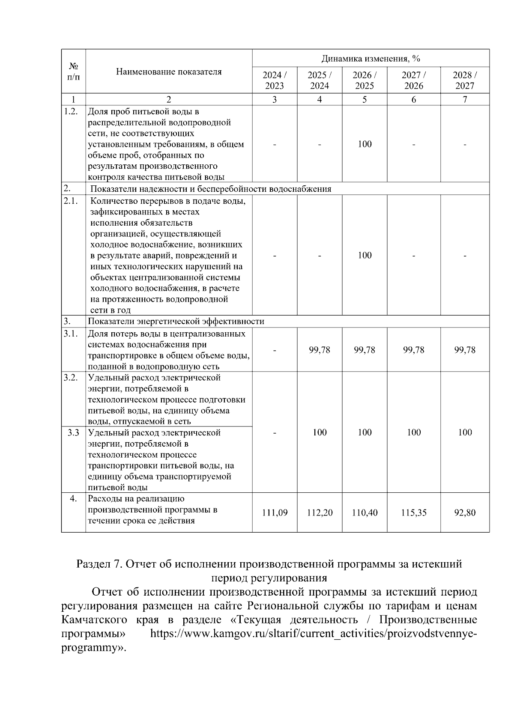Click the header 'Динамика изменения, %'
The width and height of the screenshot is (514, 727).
371,58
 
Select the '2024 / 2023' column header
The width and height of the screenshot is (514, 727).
274,80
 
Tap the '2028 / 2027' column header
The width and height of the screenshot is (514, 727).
465,80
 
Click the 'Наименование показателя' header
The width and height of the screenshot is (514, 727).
169,72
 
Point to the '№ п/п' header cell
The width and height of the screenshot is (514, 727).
73,72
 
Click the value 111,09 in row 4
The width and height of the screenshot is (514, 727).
275,512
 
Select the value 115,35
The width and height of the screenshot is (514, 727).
413,512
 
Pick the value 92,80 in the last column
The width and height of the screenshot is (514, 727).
465,512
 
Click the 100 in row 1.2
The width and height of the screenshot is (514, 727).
365,144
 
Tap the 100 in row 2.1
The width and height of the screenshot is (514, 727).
365,255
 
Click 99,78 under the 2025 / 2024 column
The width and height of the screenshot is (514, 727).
320,350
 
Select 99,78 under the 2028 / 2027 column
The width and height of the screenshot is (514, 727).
465,350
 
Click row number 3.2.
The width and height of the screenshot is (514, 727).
71,378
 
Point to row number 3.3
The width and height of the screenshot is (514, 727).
73,432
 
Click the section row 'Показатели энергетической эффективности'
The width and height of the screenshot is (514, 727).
176,321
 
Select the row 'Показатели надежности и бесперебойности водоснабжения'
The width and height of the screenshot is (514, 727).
211,189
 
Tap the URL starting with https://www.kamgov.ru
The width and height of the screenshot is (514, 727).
313,634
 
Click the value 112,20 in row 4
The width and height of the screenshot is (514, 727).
320,512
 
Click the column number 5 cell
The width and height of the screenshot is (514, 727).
365,99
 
